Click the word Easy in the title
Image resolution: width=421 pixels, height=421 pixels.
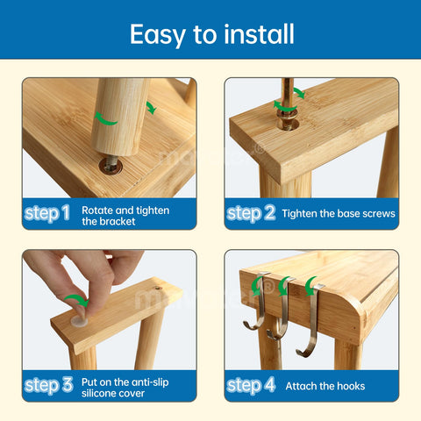point(156,34)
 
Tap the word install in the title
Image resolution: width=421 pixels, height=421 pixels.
point(256,34)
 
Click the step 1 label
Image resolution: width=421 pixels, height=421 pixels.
point(46,213)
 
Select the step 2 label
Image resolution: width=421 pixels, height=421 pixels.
point(251,213)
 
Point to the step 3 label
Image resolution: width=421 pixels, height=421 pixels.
point(46,385)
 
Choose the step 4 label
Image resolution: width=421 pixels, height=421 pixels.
point(251,385)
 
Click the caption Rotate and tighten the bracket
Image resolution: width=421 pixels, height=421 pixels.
point(125,216)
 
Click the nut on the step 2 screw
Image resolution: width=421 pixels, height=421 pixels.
point(286,123)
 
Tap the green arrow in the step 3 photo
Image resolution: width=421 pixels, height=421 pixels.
point(79,301)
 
